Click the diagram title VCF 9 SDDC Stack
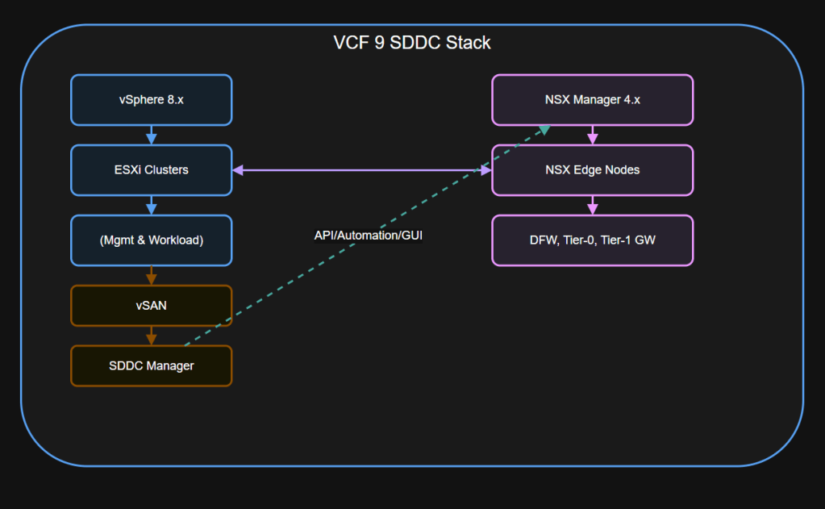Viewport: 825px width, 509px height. pyautogui.click(x=412, y=43)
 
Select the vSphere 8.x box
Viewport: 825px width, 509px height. pyautogui.click(x=152, y=100)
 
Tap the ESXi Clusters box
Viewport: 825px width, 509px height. pyautogui.click(x=152, y=170)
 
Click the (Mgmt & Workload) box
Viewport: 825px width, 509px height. pyautogui.click(x=152, y=240)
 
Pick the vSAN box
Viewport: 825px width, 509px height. pyautogui.click(x=152, y=306)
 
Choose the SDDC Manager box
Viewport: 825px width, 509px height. pyautogui.click(x=152, y=365)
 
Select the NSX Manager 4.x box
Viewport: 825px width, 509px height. pyautogui.click(x=593, y=100)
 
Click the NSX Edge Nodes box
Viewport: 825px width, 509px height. pyautogui.click(x=593, y=170)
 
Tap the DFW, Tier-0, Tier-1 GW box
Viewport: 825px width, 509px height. pyautogui.click(x=593, y=240)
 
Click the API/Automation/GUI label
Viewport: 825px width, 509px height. pyautogui.click(x=369, y=236)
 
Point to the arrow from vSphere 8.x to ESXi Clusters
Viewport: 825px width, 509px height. pyautogui.click(x=152, y=135)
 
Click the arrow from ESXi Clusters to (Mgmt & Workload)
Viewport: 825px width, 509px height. pyautogui.click(x=152, y=205)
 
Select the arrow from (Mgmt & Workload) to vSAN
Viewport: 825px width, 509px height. pyautogui.click(x=152, y=275)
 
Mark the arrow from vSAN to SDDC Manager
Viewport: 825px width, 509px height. pyautogui.click(x=152, y=336)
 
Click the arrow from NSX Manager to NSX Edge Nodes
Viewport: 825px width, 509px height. pyautogui.click(x=593, y=135)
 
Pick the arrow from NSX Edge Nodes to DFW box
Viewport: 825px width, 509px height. pyautogui.click(x=593, y=205)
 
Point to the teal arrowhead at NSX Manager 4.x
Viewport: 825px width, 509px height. pyautogui.click(x=544, y=129)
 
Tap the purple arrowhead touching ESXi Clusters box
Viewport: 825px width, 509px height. pyautogui.click(x=239, y=170)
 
